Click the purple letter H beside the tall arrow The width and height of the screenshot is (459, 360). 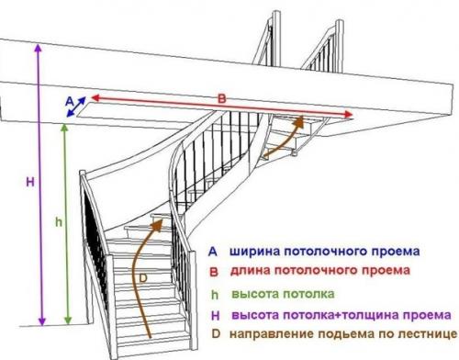point(30,183)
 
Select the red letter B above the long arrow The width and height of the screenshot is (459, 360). point(219,96)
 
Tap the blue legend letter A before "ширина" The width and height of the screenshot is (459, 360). point(212,250)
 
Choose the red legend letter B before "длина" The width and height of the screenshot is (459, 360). point(212,271)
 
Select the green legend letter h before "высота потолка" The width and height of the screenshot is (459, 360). point(212,294)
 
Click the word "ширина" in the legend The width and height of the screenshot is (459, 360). point(254,250)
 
